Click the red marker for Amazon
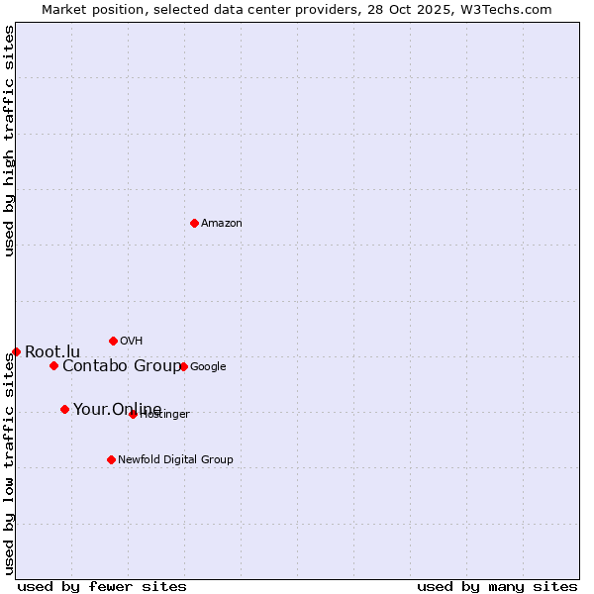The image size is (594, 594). pyautogui.click(x=194, y=223)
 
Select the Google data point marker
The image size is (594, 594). pyautogui.click(x=183, y=366)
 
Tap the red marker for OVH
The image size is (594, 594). pyautogui.click(x=113, y=341)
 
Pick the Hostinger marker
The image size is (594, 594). pyautogui.click(x=133, y=414)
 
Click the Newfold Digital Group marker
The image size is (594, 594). pyautogui.click(x=111, y=459)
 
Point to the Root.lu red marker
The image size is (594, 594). pyautogui.click(x=16, y=351)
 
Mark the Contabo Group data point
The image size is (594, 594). pyautogui.click(x=53, y=365)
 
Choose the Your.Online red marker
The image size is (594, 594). pyautogui.click(x=64, y=409)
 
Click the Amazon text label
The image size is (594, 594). pyautogui.click(x=222, y=224)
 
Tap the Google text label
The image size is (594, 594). pyautogui.click(x=208, y=367)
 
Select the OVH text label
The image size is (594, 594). pyautogui.click(x=132, y=342)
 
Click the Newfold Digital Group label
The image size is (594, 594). pyautogui.click(x=175, y=459)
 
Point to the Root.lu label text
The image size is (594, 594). pyautogui.click(x=52, y=352)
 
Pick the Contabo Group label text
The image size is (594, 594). pyautogui.click(x=122, y=366)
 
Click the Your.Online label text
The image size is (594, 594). pyautogui.click(x=117, y=410)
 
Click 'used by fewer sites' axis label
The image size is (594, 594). pyautogui.click(x=102, y=586)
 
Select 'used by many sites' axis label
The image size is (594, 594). pyautogui.click(x=497, y=586)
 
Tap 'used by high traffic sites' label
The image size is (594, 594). pyautogui.click(x=10, y=141)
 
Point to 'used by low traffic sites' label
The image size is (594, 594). pyautogui.click(x=10, y=463)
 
